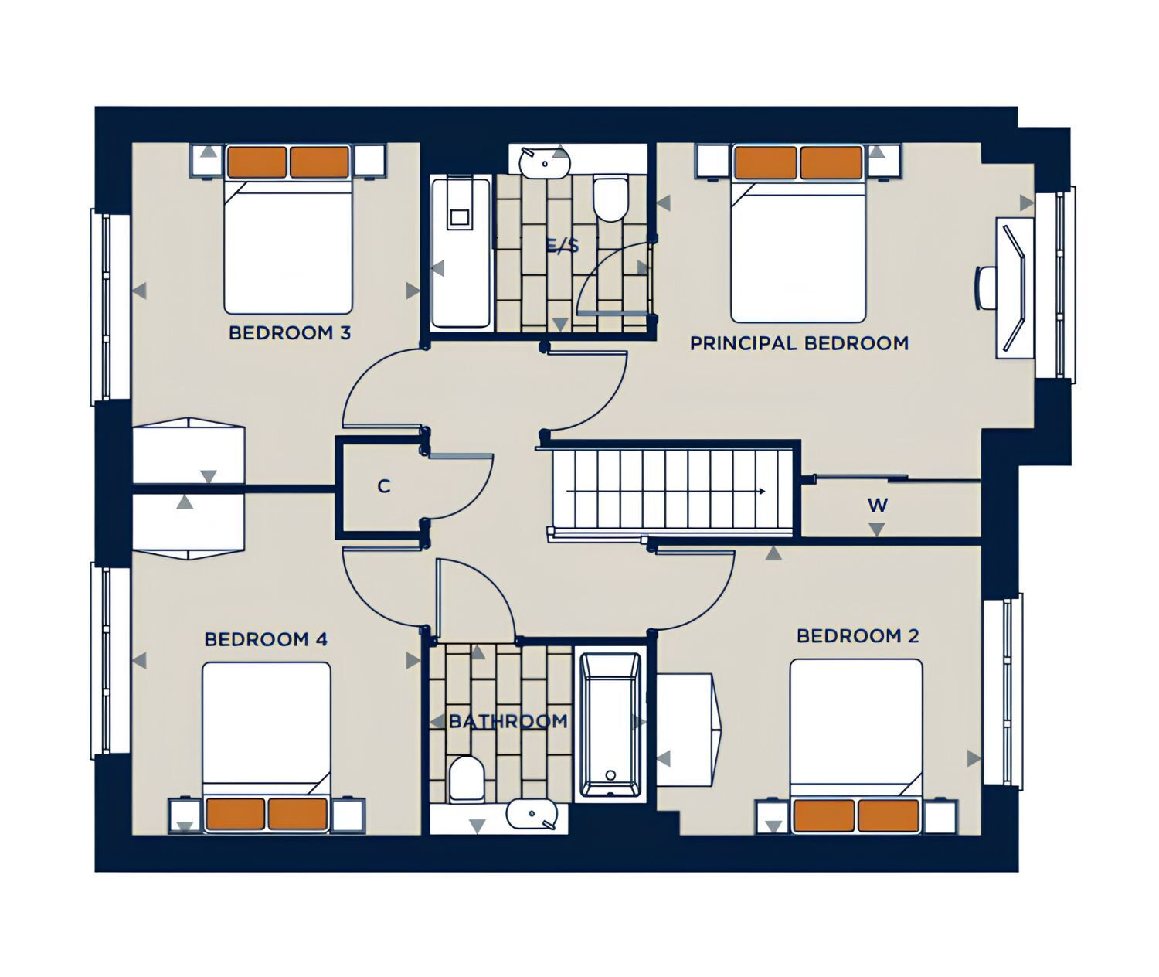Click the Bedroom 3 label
tap(290, 332)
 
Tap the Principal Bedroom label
tap(799, 343)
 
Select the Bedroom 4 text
tap(266, 639)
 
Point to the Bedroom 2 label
tap(858, 635)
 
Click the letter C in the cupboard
tap(383, 486)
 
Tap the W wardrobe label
tap(878, 505)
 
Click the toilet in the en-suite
tap(610, 199)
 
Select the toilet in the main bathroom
tap(466, 778)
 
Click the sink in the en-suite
tap(545, 162)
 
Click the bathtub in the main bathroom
tap(610, 725)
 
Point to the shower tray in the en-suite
tap(461, 252)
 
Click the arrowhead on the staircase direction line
tap(763, 492)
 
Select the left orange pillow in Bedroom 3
tap(257, 162)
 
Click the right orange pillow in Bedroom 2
tap(888, 815)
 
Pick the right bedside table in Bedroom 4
tap(348, 816)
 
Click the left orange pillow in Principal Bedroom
tap(766, 162)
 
